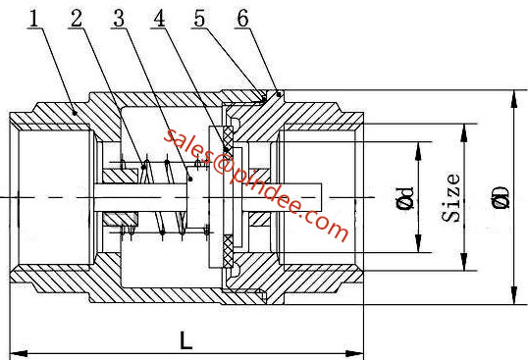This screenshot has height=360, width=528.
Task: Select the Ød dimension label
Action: [404, 197]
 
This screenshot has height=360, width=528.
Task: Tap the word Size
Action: [451, 197]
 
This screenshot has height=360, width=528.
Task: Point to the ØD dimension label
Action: [502, 197]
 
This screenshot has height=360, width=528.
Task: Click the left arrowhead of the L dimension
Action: [15, 353]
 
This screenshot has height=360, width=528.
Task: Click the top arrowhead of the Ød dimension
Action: [420, 144]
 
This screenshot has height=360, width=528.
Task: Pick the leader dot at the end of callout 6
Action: [280, 93]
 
